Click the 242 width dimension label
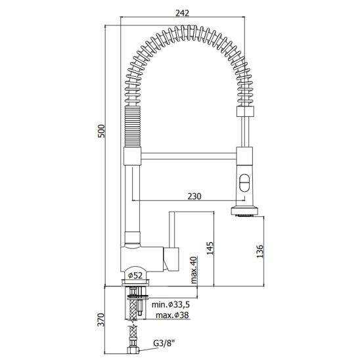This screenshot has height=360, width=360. point(182,13)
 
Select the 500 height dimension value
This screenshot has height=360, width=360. point(101,131)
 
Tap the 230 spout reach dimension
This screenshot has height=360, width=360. point(194,196)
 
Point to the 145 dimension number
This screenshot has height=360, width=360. point(210,248)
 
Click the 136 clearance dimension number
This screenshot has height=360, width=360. point(259,252)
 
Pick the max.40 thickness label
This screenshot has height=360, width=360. point(194,270)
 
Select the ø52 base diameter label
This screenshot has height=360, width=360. point(135,275)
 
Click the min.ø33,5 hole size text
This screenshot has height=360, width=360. point(171,305)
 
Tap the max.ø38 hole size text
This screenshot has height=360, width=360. point(172,315)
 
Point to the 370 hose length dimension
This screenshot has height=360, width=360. point(101,319)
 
